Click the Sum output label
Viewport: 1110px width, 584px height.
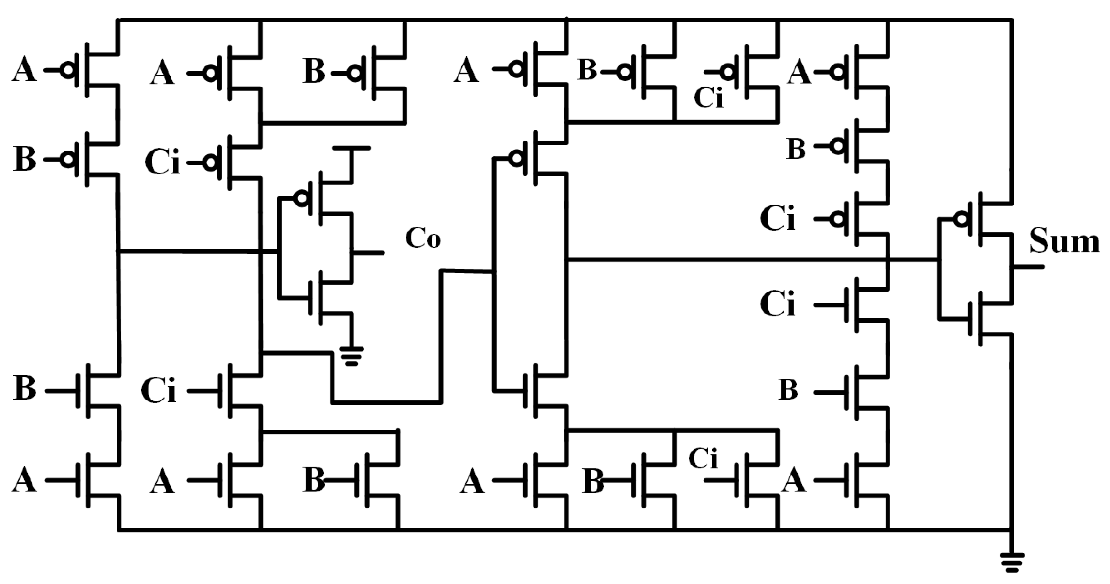click(1064, 241)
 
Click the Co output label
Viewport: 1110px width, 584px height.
click(423, 238)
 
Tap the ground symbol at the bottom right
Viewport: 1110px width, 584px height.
click(1011, 563)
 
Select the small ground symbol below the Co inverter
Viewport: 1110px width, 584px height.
click(352, 357)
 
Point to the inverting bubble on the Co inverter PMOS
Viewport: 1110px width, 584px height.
click(301, 198)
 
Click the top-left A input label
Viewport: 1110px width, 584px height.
click(24, 71)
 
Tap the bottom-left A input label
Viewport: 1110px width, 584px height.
click(24, 480)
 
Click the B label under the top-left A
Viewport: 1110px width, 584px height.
click(24, 159)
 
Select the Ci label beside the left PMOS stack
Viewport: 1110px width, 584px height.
click(162, 162)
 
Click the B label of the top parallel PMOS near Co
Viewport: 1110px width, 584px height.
click(314, 72)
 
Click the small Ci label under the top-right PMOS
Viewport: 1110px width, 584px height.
click(708, 98)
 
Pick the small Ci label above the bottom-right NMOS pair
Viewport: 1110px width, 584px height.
click(703, 459)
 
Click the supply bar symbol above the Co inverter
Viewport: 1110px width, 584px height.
click(352, 149)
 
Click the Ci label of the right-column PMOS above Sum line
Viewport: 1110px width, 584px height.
click(778, 219)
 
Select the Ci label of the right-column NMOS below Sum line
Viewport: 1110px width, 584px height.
click(778, 304)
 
